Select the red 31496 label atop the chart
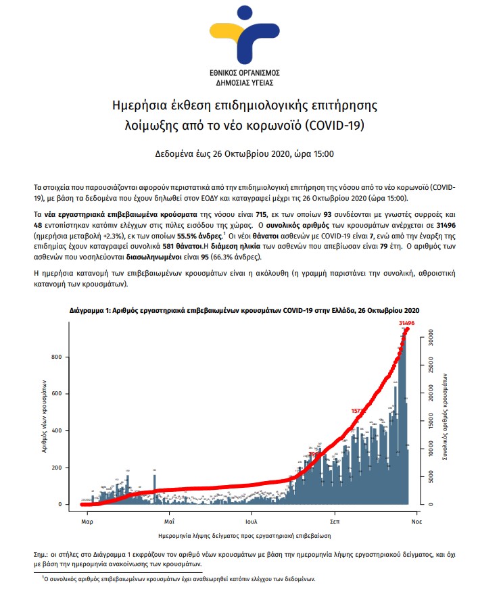pyautogui.click(x=406, y=324)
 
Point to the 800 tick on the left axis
pyautogui.click(x=58, y=357)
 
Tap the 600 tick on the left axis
pyautogui.click(x=58, y=393)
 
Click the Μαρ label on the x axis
pyautogui.click(x=87, y=522)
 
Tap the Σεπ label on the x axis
pyautogui.click(x=335, y=522)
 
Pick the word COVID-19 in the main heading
pyautogui.click(x=346, y=126)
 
